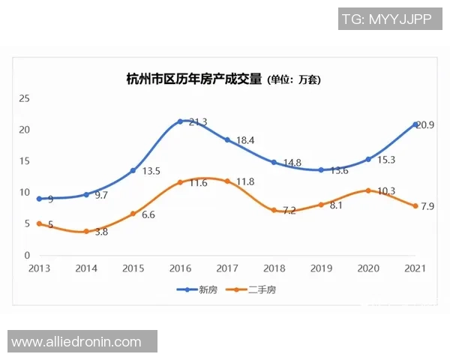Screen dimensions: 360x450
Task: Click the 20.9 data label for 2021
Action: pos(424,124)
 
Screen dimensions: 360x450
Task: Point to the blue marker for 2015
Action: pos(133,170)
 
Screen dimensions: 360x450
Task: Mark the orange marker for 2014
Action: pos(86,232)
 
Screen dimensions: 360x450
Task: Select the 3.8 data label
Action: pos(100,232)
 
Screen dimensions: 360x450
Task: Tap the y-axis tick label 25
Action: pos(24,98)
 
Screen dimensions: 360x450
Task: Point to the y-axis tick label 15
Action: pos(24,161)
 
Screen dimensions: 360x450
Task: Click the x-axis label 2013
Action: pos(39,268)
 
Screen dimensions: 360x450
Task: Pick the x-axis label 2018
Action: pos(274,268)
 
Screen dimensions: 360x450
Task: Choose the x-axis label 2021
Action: pos(415,268)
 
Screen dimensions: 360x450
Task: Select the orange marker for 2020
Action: pos(367,190)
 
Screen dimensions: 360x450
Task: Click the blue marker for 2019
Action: pos(321,170)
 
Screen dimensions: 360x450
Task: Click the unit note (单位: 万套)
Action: pos(294,79)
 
